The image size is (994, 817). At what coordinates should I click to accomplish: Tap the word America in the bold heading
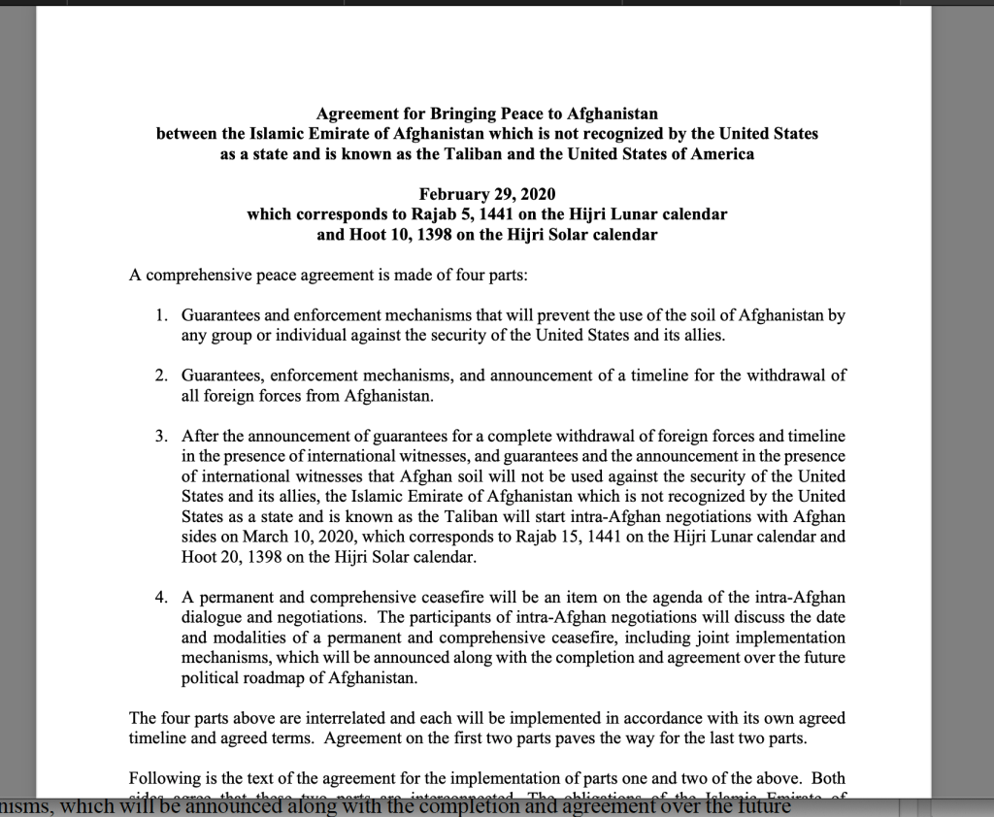pos(719,153)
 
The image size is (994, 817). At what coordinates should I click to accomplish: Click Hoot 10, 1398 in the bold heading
pos(400,234)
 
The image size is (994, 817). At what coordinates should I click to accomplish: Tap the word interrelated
pos(319,718)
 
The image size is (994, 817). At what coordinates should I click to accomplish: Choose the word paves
pos(601,737)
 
